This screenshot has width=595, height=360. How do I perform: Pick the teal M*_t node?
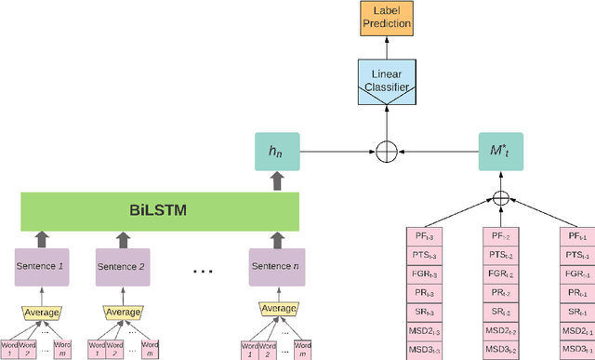(x=501, y=151)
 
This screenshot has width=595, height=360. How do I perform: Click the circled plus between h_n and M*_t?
(x=387, y=151)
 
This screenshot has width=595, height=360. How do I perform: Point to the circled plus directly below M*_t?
(x=501, y=198)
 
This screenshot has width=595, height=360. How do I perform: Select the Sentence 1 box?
(x=43, y=267)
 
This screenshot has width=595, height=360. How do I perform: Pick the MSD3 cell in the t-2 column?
(x=501, y=350)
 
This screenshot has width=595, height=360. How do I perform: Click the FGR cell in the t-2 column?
(x=501, y=274)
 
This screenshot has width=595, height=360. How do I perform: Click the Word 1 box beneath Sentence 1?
(x=11, y=348)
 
